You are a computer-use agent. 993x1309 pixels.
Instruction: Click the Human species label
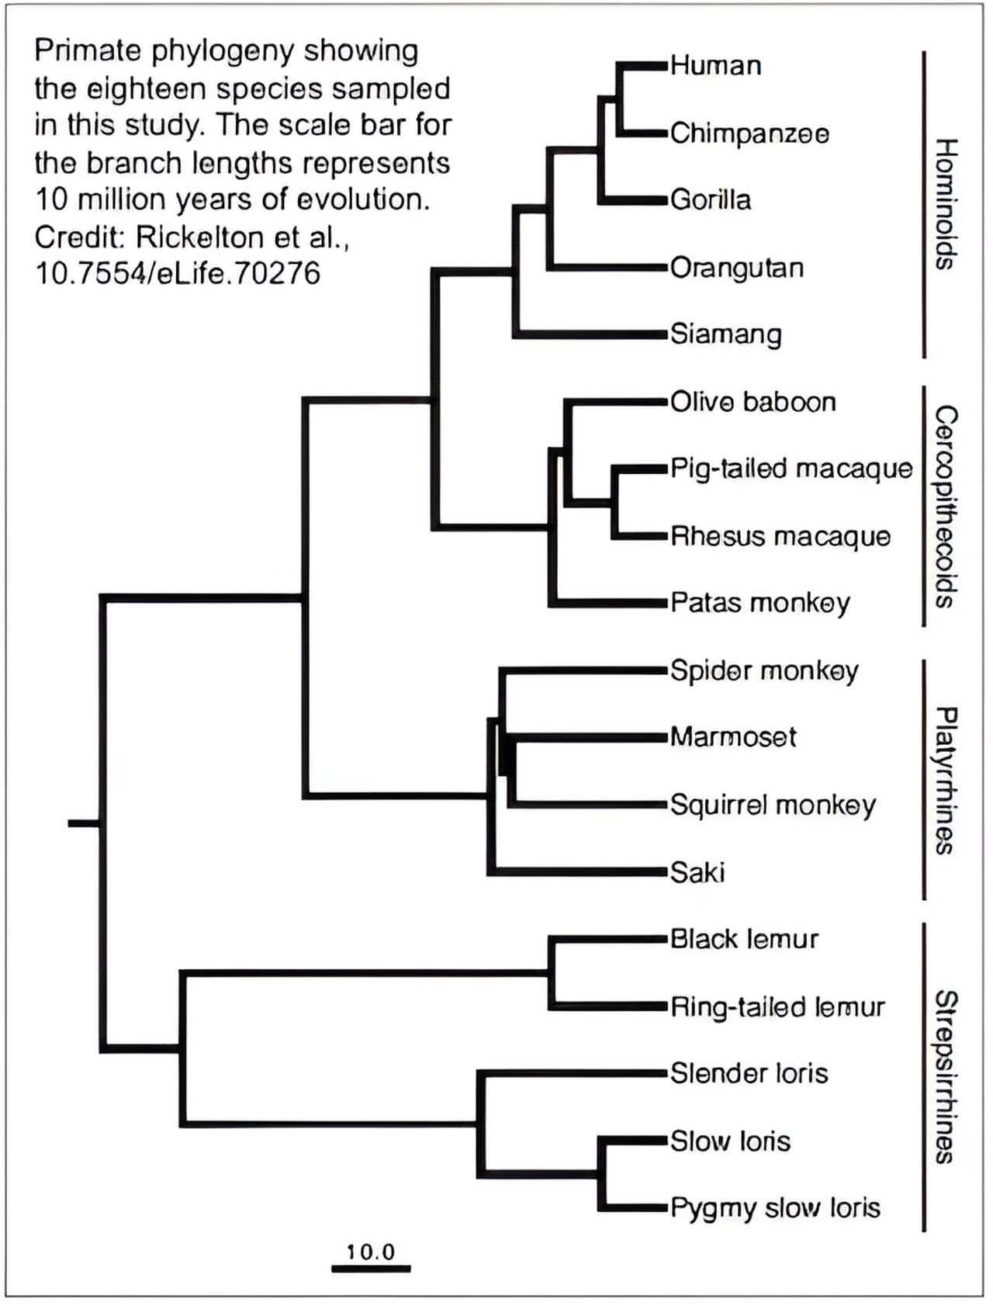point(715,65)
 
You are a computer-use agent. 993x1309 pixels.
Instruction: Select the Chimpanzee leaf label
point(749,133)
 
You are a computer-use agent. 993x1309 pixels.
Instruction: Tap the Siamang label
point(725,334)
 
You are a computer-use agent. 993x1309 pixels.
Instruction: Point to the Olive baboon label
point(753,402)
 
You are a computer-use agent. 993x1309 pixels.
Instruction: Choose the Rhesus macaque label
point(780,536)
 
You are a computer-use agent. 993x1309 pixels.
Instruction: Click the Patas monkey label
point(759,603)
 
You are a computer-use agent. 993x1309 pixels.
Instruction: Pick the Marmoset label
point(732,736)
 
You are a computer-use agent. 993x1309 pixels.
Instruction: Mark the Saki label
point(697,872)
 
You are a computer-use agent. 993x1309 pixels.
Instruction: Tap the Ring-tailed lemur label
point(777,1007)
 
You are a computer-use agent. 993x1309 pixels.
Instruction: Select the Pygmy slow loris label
point(775,1208)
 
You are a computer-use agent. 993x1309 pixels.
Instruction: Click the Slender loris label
point(749,1074)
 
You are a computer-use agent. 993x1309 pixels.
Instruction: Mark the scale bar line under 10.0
point(371,1269)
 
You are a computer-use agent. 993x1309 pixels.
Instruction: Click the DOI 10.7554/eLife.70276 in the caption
point(178,273)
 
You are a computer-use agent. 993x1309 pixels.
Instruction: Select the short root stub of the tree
point(83,822)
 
